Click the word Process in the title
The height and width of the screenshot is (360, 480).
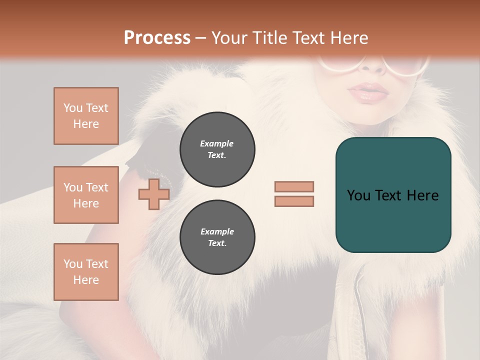tap(157, 37)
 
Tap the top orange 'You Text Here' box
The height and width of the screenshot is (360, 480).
tap(86, 116)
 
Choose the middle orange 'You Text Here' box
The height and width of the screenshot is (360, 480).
tap(86, 195)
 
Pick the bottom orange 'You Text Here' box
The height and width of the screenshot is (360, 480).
tap(86, 272)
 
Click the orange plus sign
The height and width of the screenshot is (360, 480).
tap(153, 194)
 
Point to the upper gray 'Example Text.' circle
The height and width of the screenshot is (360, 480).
tap(217, 149)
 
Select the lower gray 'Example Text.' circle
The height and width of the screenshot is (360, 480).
tap(217, 237)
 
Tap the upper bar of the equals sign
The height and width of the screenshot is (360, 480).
tap(294, 186)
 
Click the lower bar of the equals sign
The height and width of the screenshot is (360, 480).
tap(294, 201)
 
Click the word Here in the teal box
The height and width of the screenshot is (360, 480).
tap(422, 195)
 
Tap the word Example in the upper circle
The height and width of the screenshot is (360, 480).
tap(216, 143)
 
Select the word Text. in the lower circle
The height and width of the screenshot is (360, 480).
tap(217, 243)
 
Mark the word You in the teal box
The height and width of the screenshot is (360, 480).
tap(358, 195)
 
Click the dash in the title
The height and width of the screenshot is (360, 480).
tap(201, 38)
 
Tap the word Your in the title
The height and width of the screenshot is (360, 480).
tap(229, 38)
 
